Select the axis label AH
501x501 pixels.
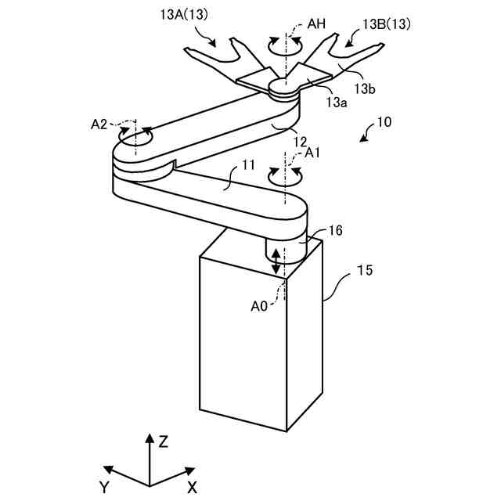coord(316,24)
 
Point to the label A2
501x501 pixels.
coord(99,124)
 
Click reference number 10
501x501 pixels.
coord(384,124)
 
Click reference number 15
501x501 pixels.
coord(365,272)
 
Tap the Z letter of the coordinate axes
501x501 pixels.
coord(164,442)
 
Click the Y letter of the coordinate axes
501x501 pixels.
coord(104,487)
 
